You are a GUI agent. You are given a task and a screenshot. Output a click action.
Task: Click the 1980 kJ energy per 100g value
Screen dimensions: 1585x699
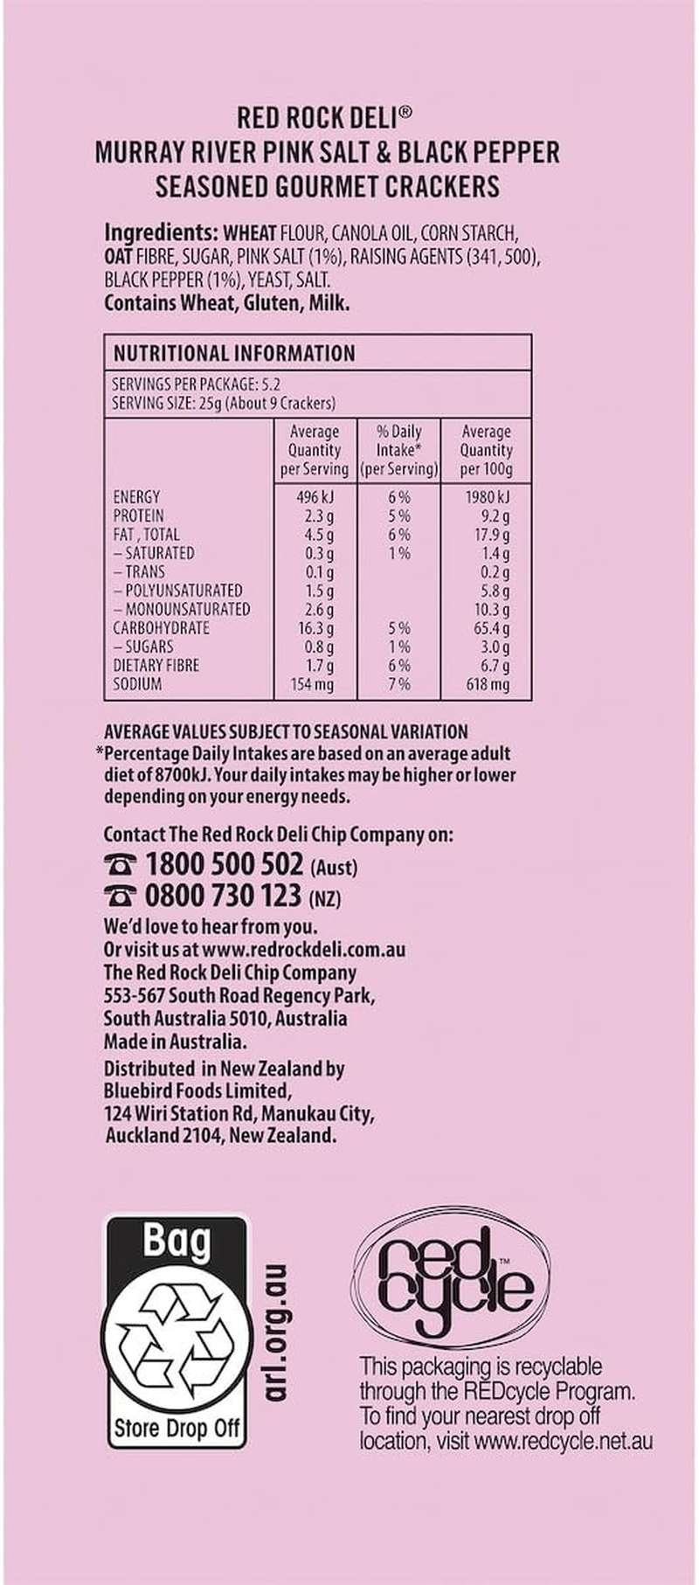pos(486,497)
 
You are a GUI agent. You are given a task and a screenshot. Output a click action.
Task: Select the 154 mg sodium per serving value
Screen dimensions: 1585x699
pos(312,684)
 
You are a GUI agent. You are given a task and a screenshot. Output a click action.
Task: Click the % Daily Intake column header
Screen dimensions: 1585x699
pos(399,450)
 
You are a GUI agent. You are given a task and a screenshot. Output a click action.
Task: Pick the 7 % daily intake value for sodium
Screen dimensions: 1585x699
pos(399,684)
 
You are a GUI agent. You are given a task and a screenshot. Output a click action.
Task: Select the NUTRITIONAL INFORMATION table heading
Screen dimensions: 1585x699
pos(234,354)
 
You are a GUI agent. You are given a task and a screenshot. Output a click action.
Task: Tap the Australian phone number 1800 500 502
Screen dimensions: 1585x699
pos(224,865)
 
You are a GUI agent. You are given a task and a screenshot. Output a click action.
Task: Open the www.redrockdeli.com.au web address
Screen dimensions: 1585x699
pos(305,949)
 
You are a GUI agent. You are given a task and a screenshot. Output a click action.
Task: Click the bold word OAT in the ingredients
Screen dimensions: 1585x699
pos(118,258)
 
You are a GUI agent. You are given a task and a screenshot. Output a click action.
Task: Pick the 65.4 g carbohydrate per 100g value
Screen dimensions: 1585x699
pos(489,628)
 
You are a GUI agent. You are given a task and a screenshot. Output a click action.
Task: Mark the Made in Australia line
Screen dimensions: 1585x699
pos(175,1042)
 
